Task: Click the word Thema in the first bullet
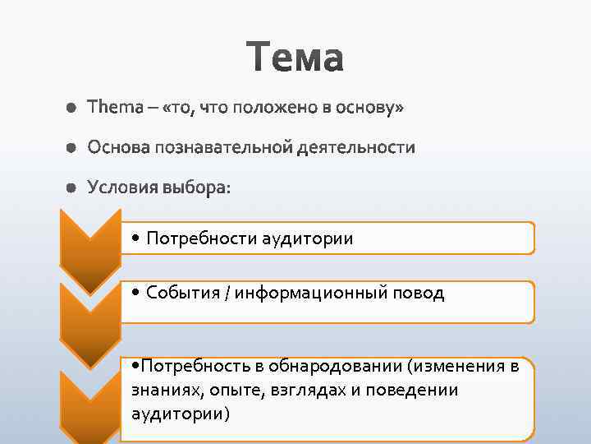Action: pos(114,108)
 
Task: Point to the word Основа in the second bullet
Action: pos(119,148)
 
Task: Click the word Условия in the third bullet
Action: pos(121,188)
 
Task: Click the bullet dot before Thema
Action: pos(71,109)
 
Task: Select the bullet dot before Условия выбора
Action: pos(71,189)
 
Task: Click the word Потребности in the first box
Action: pos(200,238)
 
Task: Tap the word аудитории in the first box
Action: pos(307,238)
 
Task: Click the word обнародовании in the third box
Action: pos(360,367)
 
